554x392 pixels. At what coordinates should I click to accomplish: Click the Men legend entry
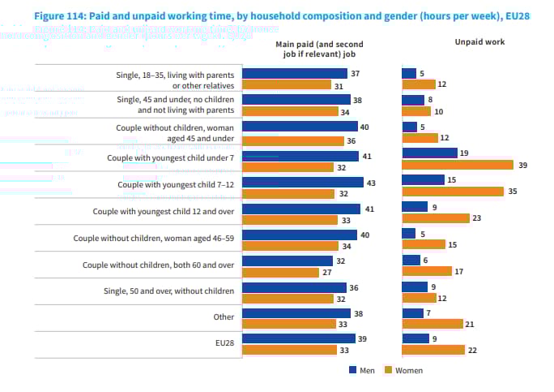pyautogui.click(x=363, y=370)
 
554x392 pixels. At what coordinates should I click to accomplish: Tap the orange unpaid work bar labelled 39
pyautogui.click(x=458, y=165)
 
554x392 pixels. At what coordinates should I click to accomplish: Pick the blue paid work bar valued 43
pyautogui.click(x=302, y=183)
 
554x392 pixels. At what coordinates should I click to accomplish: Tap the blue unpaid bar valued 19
pyautogui.click(x=429, y=153)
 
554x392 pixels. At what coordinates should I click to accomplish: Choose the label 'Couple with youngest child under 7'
pyautogui.click(x=170, y=157)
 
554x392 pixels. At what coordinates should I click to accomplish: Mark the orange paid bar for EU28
pyautogui.click(x=290, y=350)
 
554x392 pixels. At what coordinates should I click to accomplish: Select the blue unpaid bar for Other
pyautogui.click(x=412, y=312)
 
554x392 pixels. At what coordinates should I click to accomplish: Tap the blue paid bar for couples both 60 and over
pyautogui.click(x=288, y=261)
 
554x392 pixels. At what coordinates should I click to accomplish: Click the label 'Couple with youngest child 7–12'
pyautogui.click(x=176, y=184)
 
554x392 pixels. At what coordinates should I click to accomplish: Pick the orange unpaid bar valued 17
pyautogui.click(x=427, y=271)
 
